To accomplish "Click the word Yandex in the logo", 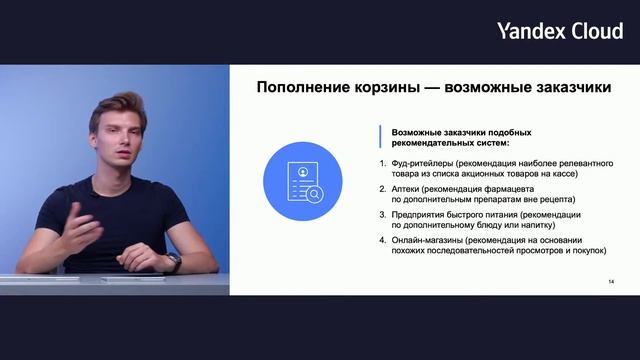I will tap(530, 31).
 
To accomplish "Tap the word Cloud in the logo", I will tap(596, 31).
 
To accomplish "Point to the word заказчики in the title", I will tap(566, 87).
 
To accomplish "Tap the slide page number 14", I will tap(611, 283).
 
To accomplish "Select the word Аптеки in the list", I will tap(405, 188).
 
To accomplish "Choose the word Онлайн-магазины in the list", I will tap(428, 240).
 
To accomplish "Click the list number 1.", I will tap(381, 162).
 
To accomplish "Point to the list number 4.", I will tap(381, 240).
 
